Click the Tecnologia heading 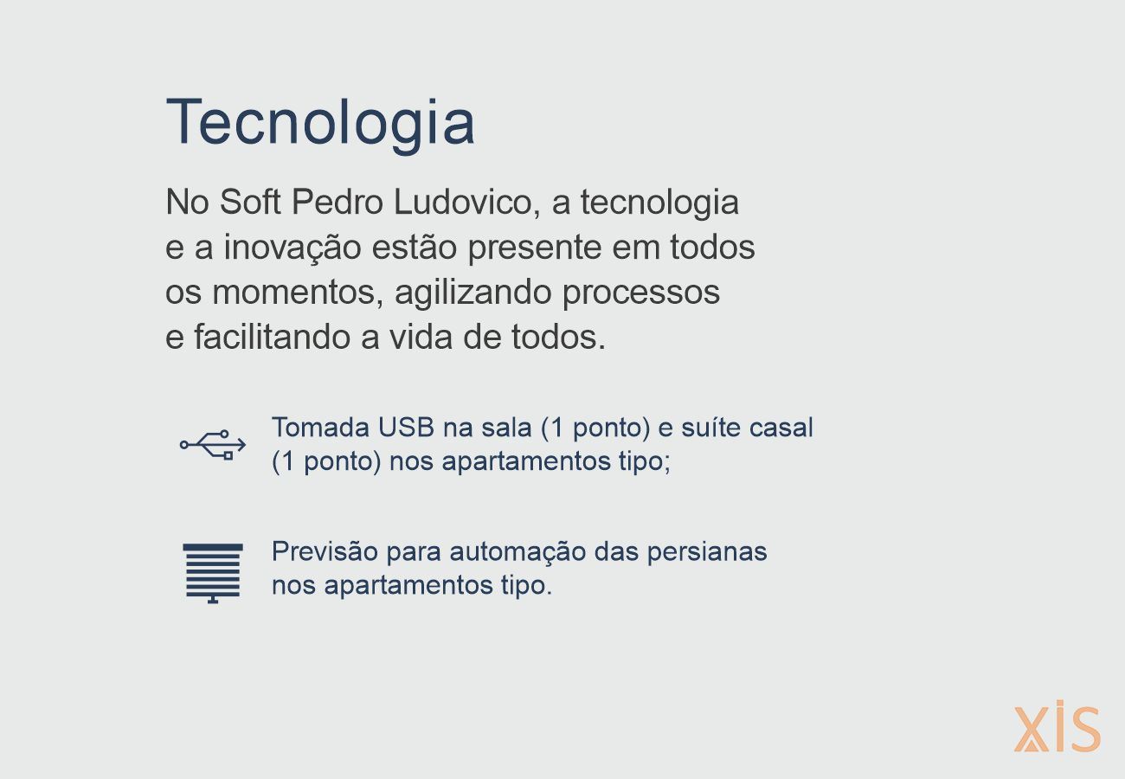pyautogui.click(x=320, y=123)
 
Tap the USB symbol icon pyautogui.click(x=213, y=444)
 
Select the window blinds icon pyautogui.click(x=213, y=573)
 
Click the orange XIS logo pyautogui.click(x=1057, y=727)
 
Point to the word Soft pyautogui.click(x=250, y=202)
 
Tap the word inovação pyautogui.click(x=292, y=247)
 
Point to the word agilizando pyautogui.click(x=473, y=293)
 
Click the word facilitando pyautogui.click(x=273, y=337)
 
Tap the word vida pyautogui.click(x=421, y=337)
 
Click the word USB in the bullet pyautogui.click(x=406, y=428)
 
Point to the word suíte pyautogui.click(x=710, y=428)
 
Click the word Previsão pyautogui.click(x=325, y=551)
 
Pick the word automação pyautogui.click(x=517, y=552)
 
